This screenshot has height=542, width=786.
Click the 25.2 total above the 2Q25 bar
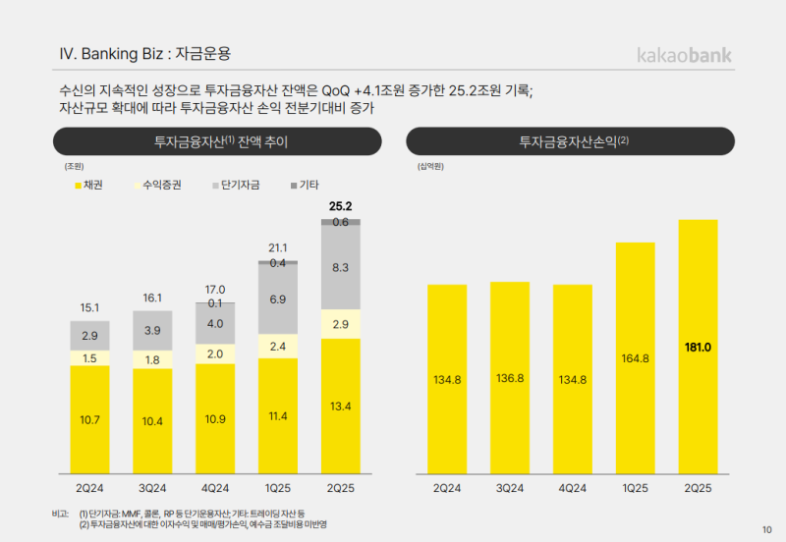341,206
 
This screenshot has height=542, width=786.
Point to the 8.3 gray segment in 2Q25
341,267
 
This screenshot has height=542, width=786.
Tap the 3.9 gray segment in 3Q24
152,331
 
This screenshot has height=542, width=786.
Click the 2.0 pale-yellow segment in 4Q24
215,353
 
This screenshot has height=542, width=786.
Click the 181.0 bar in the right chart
698,347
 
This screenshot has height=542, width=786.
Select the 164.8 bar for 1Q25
635,358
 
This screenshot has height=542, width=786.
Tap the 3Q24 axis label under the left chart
152,488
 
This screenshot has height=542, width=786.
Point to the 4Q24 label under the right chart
573,488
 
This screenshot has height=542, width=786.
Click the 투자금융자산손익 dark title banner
570,142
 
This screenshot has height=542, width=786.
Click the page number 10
766,530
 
